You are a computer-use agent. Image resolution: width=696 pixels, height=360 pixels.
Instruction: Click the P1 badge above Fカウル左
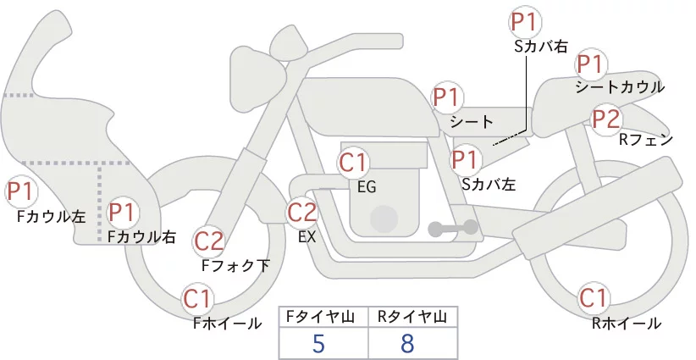21,191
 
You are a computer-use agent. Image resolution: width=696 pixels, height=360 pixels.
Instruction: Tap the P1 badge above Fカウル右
122,212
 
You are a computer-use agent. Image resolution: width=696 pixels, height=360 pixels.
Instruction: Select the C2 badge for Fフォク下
209,242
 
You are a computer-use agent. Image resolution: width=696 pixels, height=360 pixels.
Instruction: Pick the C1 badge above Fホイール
197,299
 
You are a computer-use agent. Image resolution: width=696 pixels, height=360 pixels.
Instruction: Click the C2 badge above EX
301,213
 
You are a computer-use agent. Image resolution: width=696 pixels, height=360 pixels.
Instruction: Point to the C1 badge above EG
353,163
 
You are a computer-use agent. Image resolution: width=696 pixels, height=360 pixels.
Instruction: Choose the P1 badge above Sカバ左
466,160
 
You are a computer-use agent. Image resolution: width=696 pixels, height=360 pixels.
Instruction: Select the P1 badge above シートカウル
591,65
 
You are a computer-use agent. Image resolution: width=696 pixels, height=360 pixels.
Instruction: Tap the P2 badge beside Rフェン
606,119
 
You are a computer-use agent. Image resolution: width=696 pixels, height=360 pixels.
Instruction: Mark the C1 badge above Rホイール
594,298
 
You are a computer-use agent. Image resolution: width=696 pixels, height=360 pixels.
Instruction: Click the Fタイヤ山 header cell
323,318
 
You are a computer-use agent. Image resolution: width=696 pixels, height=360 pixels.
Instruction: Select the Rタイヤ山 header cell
413,318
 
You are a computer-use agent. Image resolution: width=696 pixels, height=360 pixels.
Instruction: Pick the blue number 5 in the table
318,343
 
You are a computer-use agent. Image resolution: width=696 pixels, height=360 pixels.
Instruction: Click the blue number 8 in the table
407,343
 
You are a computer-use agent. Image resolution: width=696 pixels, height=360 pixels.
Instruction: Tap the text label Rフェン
646,141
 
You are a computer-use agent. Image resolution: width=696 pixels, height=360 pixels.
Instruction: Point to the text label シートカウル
620,87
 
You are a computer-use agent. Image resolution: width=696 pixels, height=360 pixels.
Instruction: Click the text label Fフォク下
235,265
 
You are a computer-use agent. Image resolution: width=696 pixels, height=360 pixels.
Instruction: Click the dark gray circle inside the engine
384,219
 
